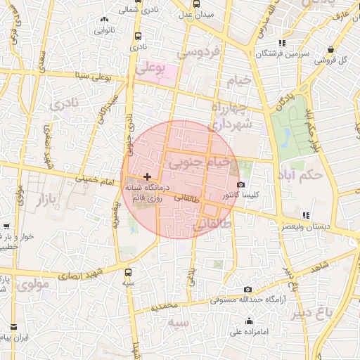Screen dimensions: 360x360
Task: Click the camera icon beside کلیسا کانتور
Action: pyautogui.click(x=241, y=184)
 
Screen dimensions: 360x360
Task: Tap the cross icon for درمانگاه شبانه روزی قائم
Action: pyautogui.click(x=146, y=176)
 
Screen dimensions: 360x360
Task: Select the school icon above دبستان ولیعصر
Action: pyautogui.click(x=304, y=215)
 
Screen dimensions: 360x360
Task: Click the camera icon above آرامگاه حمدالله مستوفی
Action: pyautogui.click(x=247, y=289)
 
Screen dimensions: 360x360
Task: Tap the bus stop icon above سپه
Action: pyautogui.click(x=128, y=271)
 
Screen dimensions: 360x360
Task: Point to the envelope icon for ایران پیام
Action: pyautogui.click(x=13, y=327)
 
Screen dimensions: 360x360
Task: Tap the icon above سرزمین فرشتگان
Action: pyautogui.click(x=282, y=43)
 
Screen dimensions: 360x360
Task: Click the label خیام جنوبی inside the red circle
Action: pyautogui.click(x=198, y=164)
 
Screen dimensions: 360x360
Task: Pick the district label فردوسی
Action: pyautogui.click(x=199, y=52)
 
